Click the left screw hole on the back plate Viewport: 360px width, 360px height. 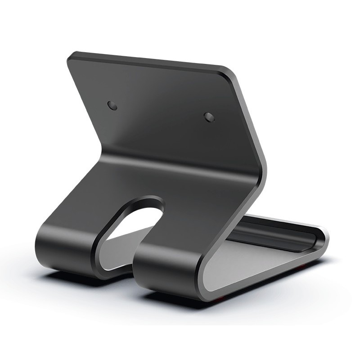pyautogui.click(x=112, y=106)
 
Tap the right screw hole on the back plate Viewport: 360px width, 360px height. pyautogui.click(x=209, y=117)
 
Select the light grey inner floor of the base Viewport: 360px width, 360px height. pyautogui.click(x=252, y=265)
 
